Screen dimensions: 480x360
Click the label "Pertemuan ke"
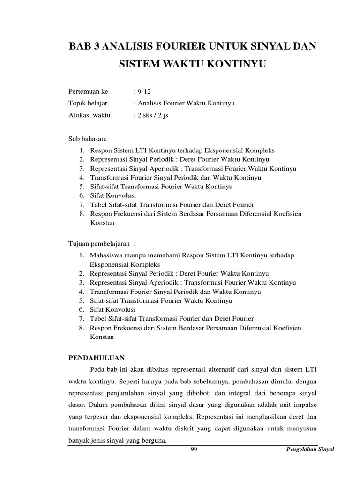tap(88, 92)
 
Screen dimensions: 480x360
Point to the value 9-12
tap(141, 92)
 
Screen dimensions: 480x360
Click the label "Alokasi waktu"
tap(90, 115)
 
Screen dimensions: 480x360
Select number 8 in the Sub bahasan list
tap(81, 214)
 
